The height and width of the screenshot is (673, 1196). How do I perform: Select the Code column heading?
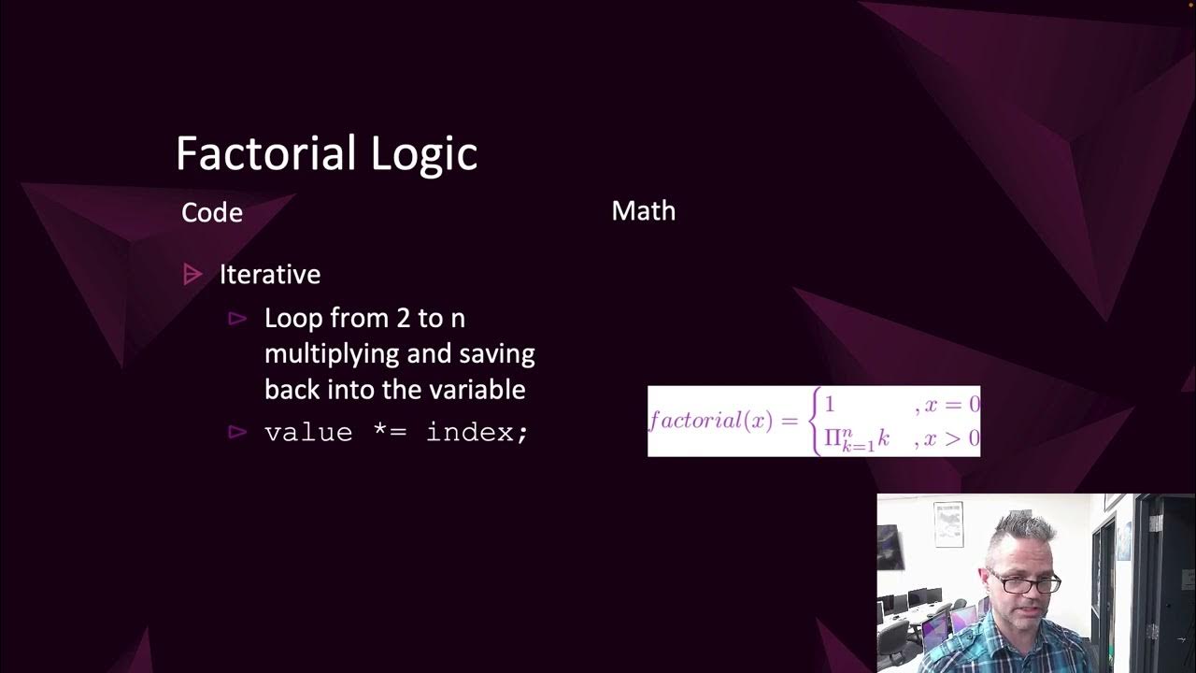(212, 213)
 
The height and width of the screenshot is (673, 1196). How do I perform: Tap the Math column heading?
(643, 211)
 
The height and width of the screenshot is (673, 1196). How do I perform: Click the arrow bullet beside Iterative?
(192, 275)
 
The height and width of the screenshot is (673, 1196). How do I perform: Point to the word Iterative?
(270, 275)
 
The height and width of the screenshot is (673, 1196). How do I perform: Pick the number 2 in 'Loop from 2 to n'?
(403, 319)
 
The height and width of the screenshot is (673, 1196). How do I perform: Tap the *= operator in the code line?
(389, 433)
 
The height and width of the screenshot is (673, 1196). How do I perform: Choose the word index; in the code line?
(477, 433)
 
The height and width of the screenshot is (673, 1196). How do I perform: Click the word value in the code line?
(308, 433)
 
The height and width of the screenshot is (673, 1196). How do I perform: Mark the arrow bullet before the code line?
(237, 432)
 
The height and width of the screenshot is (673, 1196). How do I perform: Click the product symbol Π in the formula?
(832, 437)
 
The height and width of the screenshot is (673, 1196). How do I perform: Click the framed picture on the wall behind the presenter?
(948, 523)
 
